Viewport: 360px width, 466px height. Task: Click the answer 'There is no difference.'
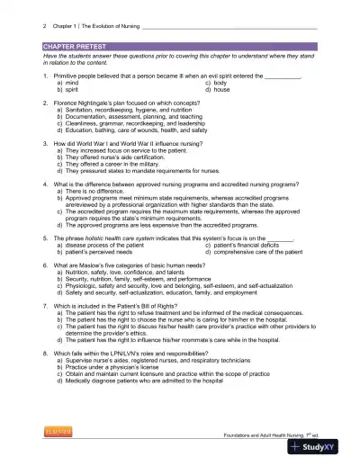[x=97, y=190]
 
